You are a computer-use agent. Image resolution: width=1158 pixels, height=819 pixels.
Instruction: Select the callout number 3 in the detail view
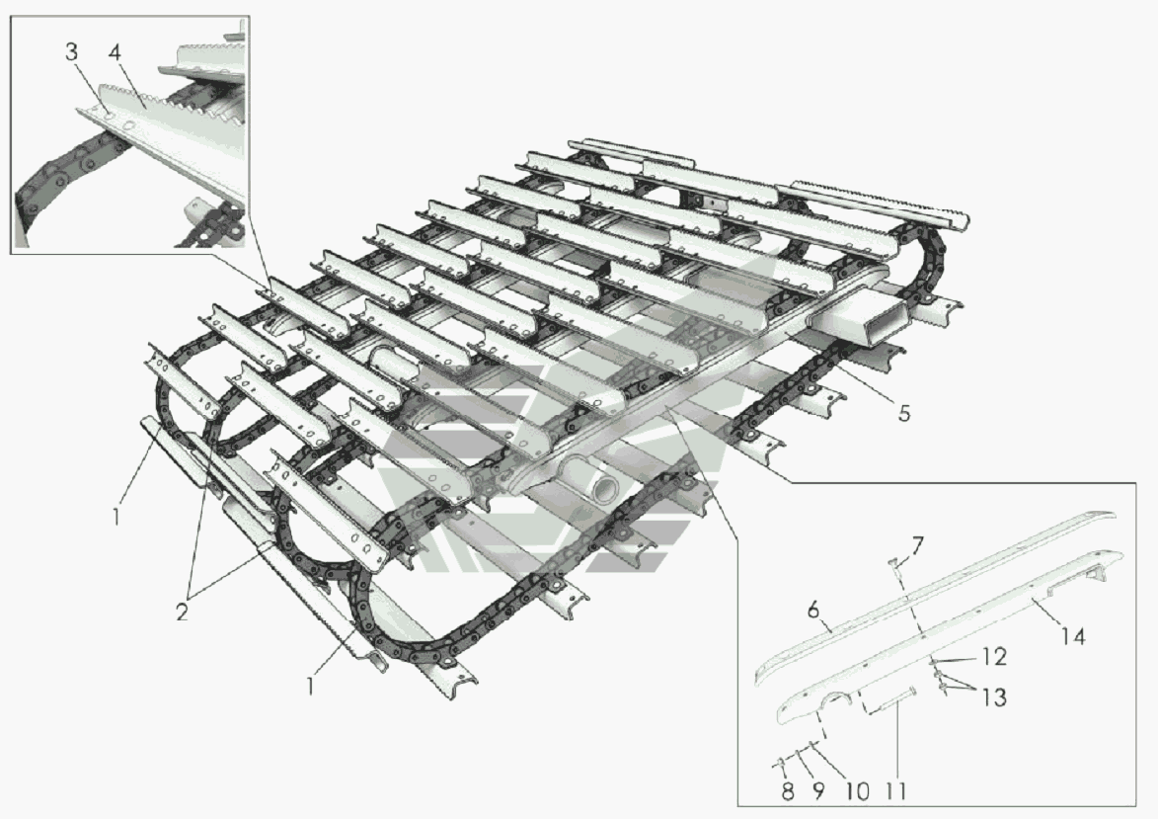pyautogui.click(x=71, y=53)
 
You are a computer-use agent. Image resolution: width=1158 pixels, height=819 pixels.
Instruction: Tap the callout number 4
pyautogui.click(x=114, y=53)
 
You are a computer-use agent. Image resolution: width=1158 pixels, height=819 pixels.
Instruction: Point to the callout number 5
pyautogui.click(x=904, y=413)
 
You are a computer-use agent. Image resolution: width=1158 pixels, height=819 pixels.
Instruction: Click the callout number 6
pyautogui.click(x=813, y=610)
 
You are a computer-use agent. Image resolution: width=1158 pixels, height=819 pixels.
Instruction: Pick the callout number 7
pyautogui.click(x=916, y=546)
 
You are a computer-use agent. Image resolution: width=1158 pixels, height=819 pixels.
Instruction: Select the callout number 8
pyautogui.click(x=787, y=791)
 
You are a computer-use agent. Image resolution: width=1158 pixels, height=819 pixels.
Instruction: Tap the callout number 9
pyautogui.click(x=817, y=791)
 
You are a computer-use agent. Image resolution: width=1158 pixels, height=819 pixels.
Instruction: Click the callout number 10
pyautogui.click(x=857, y=791)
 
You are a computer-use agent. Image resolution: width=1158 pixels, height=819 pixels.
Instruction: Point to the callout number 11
pyautogui.click(x=895, y=791)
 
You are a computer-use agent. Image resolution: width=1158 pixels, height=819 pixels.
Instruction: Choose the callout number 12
pyautogui.click(x=994, y=656)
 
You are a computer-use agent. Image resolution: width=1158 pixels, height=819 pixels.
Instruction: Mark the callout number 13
pyautogui.click(x=994, y=697)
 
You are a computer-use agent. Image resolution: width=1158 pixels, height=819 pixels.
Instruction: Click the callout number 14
pyautogui.click(x=1072, y=635)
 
